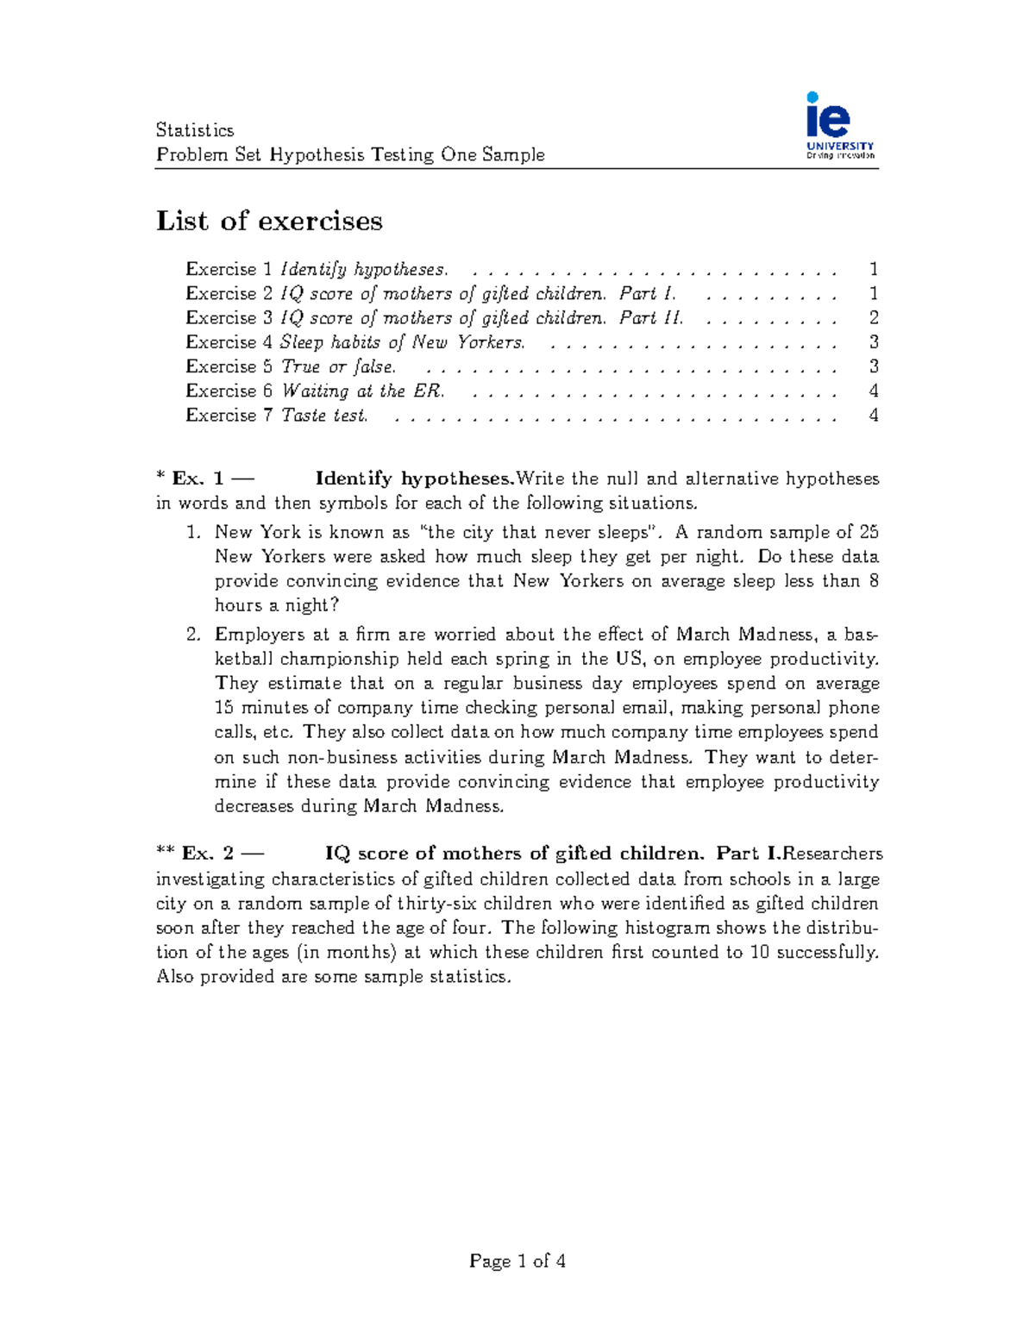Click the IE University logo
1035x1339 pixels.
(x=839, y=126)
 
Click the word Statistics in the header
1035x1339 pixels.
(x=195, y=130)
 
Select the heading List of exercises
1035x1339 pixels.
(x=269, y=221)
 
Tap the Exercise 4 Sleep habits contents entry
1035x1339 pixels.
(x=355, y=342)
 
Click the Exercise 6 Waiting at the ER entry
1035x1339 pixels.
(x=316, y=391)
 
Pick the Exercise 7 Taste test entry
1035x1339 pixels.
(x=277, y=416)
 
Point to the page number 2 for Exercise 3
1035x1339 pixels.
(x=873, y=318)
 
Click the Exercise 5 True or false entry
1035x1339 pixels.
(x=291, y=366)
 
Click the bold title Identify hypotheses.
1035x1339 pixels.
(x=414, y=479)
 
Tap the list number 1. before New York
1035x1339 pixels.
(x=193, y=533)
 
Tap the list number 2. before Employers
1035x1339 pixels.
(x=193, y=635)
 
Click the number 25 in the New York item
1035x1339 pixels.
(x=869, y=533)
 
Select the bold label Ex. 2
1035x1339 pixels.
(x=208, y=854)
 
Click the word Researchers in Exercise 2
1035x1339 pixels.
(x=832, y=854)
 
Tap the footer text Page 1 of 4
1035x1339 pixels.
(x=517, y=1261)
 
